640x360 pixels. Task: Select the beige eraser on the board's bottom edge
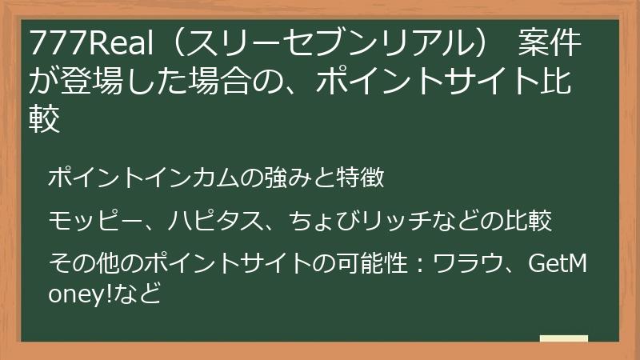pyautogui.click(x=563, y=338)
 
